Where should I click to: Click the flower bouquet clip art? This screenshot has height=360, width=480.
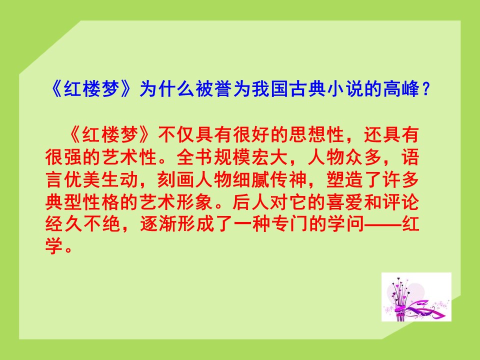[416, 297]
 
